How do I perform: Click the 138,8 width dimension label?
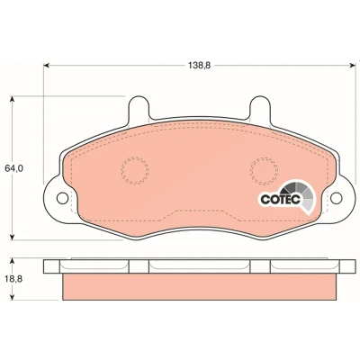(200, 65)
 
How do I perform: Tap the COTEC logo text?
(281, 200)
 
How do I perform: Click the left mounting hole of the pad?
(62, 198)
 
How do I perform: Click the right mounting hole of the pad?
(337, 198)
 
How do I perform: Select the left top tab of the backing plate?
(139, 108)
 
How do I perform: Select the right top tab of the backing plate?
(261, 108)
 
